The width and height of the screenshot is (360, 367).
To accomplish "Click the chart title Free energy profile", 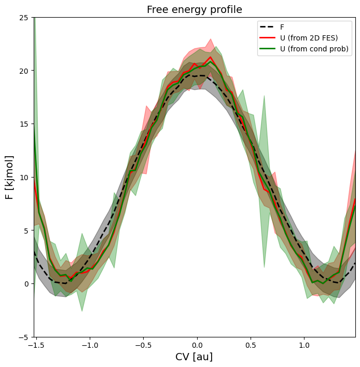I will click(x=195, y=10).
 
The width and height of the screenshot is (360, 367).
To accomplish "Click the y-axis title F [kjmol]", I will click(x=9, y=177).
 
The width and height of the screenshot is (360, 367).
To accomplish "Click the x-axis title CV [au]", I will click(x=195, y=357).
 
